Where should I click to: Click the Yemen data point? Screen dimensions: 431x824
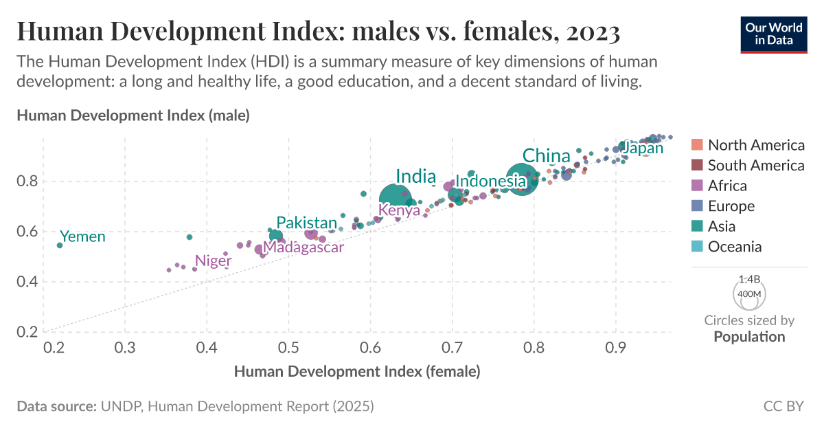coord(60,245)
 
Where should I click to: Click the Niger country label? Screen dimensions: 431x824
coord(213,261)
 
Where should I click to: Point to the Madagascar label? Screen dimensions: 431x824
coord(303,247)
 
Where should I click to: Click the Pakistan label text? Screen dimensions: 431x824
coord(307,223)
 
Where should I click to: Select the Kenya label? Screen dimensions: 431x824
coord(399,210)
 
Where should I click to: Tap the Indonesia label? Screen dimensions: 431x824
coord(490,181)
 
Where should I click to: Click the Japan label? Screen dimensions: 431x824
coord(643,148)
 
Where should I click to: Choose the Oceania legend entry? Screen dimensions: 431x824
coord(734,247)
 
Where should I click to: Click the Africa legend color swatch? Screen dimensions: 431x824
coord(697,186)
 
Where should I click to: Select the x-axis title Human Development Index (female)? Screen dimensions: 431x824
coord(356,372)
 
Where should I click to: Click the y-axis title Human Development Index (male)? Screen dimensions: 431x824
coord(133,115)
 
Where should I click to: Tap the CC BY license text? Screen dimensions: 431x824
coord(783,406)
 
